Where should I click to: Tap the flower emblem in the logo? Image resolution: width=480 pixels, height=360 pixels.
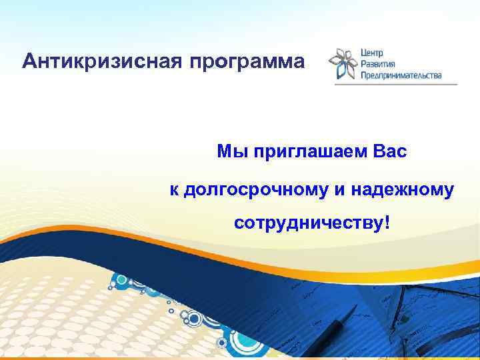coord(343,63)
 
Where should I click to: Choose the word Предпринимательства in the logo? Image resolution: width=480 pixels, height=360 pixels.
coord(401,75)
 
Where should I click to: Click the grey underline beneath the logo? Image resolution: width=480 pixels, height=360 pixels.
coord(396,85)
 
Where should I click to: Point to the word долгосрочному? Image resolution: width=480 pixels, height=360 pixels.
coord(255,191)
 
